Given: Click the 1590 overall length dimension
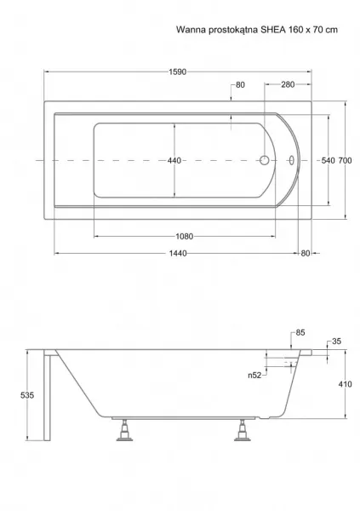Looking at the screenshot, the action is tap(178, 72).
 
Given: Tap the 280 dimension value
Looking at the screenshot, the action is tap(288, 84).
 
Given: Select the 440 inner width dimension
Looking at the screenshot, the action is tap(174, 161).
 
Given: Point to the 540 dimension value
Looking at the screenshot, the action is tap(328, 161).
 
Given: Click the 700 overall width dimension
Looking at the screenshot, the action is tap(345, 161).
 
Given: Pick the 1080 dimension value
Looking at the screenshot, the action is tap(185, 236).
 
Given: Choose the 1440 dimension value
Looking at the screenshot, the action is tap(178, 253).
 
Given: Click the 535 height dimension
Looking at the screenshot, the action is tap(27, 395).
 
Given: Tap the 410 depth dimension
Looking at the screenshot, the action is tap(345, 384).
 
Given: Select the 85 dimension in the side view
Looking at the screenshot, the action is tap(300, 333).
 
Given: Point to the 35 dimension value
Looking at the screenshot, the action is tap(336, 342).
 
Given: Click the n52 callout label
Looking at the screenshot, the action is tap(254, 376).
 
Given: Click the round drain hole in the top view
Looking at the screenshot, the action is tap(264, 160).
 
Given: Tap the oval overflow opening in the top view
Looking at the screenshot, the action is tap(291, 160).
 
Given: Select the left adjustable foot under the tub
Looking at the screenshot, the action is tap(124, 430).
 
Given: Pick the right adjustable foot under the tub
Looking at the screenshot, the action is tap(243, 430).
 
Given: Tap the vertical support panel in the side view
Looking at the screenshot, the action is tap(48, 396).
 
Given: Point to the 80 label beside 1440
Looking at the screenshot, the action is tap(306, 253).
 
